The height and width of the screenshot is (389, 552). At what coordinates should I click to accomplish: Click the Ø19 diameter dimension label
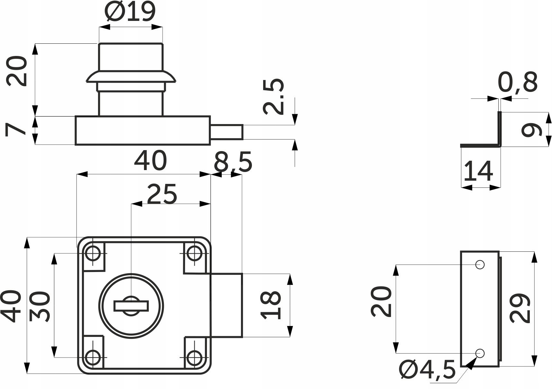tap(130, 12)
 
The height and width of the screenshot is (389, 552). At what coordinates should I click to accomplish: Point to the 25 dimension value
tap(162, 194)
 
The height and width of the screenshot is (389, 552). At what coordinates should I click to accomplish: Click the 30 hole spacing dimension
tap(40, 307)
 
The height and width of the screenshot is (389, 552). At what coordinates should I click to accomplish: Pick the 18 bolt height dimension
tap(272, 305)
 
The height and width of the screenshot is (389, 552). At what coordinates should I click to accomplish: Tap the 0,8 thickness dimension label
tap(518, 83)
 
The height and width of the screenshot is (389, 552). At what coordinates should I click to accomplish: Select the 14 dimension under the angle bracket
tap(478, 171)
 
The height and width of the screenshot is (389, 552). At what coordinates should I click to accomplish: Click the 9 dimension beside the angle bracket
tap(531, 130)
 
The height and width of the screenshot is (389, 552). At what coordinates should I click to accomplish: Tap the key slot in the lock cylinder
tap(131, 306)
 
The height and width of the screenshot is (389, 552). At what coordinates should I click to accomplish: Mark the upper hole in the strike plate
tap(480, 265)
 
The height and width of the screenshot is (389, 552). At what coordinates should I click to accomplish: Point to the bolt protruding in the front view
tap(226, 305)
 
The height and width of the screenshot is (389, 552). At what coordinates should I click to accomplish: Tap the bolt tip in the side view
tap(227, 132)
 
